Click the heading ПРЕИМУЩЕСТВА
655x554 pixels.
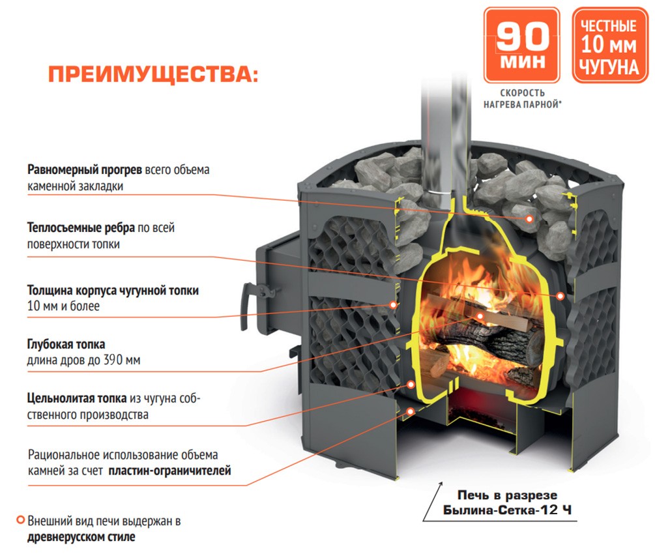click(x=153, y=73)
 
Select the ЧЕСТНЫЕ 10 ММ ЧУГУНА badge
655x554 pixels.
click(x=609, y=45)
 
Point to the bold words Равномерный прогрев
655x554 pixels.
click(x=85, y=170)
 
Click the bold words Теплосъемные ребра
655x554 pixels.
click(x=81, y=229)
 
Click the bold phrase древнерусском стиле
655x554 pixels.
click(x=81, y=538)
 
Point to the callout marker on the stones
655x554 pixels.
click(x=529, y=219)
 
